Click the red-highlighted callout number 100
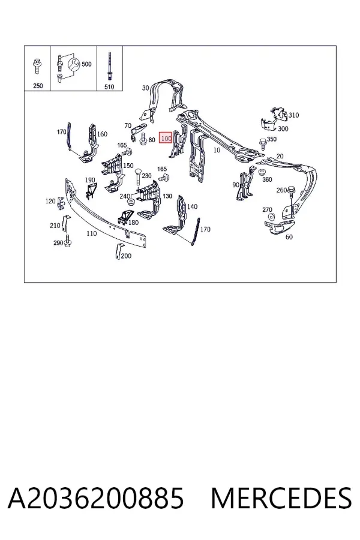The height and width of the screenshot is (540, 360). (166, 138)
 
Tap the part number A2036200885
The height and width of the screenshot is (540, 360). (96, 499)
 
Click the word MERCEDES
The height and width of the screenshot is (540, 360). (281, 499)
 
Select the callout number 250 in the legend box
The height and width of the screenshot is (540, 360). (38, 86)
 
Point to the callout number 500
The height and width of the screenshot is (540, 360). (86, 64)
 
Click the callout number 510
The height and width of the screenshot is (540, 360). (109, 87)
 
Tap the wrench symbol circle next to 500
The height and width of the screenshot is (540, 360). (74, 64)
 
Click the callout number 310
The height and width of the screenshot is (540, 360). (293, 115)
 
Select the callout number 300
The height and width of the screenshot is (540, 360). (283, 129)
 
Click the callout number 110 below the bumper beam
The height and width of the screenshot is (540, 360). (91, 233)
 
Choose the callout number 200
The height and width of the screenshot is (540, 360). (126, 256)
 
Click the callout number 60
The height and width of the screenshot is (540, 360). (289, 237)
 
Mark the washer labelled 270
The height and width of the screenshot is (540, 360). (271, 217)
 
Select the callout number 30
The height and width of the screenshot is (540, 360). (145, 88)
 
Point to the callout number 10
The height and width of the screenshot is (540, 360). (217, 150)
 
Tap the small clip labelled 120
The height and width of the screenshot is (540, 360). (61, 203)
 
